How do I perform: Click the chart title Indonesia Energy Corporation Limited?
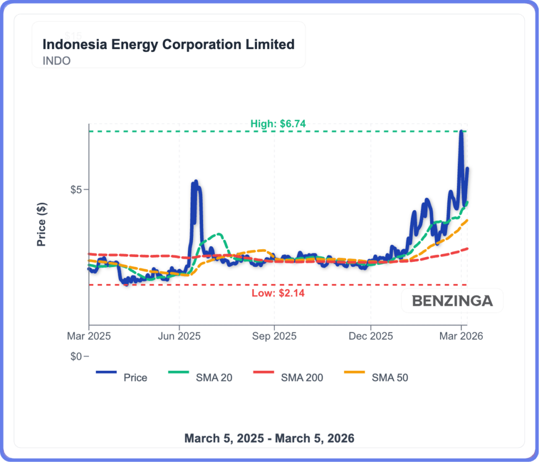click(168, 44)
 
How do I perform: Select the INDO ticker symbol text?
click(56, 61)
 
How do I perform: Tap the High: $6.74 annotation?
click(278, 124)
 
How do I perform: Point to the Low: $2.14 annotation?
click(277, 293)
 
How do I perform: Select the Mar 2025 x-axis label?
click(89, 336)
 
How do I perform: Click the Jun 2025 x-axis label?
click(179, 336)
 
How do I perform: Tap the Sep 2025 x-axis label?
click(274, 336)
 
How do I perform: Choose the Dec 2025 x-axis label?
click(371, 336)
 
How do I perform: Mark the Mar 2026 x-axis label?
click(462, 336)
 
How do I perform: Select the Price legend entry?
click(135, 377)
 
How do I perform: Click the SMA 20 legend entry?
click(214, 377)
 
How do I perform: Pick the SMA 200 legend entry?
click(302, 377)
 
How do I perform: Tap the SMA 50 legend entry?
click(390, 377)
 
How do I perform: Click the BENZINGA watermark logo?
click(452, 301)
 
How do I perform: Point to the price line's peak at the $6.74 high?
click(461, 131)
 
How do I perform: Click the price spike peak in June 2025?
click(196, 182)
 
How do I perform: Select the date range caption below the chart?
click(269, 438)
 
